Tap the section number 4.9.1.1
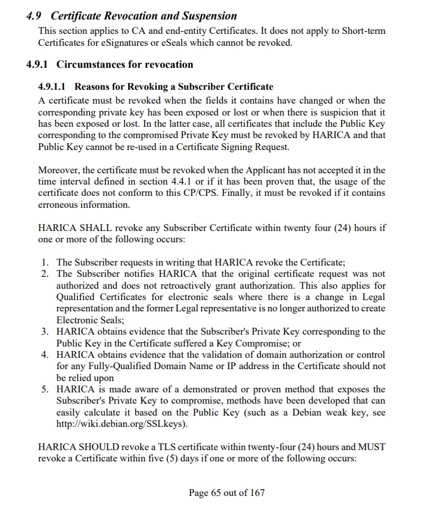click(x=54, y=86)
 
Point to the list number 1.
click(x=45, y=262)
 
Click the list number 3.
click(x=45, y=331)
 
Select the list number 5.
click(x=45, y=389)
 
